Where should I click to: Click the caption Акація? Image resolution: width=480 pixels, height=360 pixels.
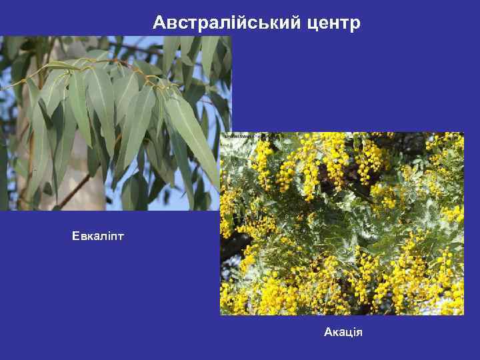tap(343, 331)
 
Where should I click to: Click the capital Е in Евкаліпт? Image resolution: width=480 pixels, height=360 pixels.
tap(75, 236)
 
